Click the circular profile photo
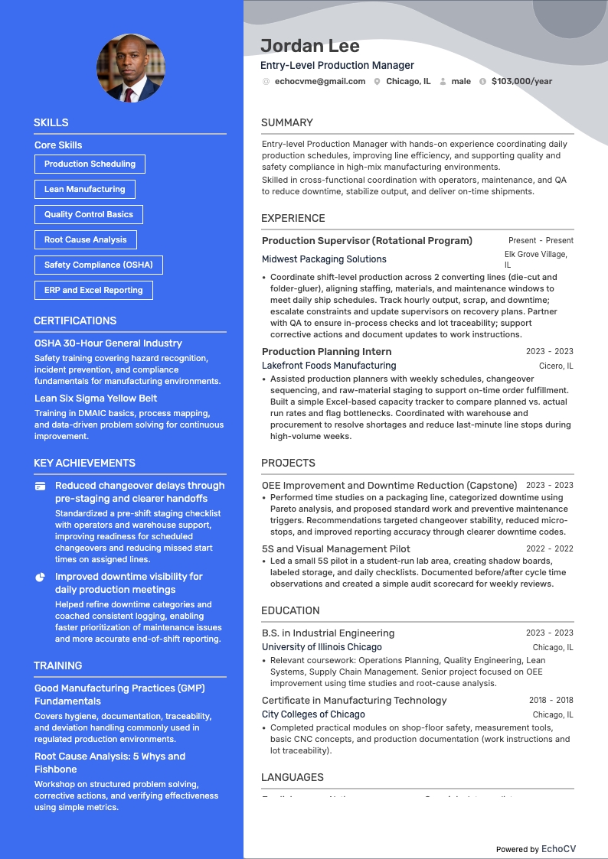tap(130, 68)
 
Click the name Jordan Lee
tap(310, 46)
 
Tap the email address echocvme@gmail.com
tap(320, 81)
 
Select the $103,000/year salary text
tap(521, 81)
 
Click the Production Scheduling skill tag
tap(90, 164)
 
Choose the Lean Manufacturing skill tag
tap(84, 189)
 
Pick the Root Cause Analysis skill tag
tap(85, 239)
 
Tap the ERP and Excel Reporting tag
tap(93, 290)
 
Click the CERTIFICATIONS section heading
tap(75, 320)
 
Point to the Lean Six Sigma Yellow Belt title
tap(96, 398)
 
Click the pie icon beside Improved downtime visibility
tap(40, 577)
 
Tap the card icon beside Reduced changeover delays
tap(40, 486)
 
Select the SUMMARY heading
tap(287, 122)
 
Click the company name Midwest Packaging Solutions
tap(324, 259)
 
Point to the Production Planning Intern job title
tap(327, 352)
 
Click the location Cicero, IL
tap(556, 366)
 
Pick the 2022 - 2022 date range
tap(549, 548)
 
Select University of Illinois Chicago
tap(322, 647)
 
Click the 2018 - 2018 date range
tap(551, 700)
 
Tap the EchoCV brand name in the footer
tap(558, 849)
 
